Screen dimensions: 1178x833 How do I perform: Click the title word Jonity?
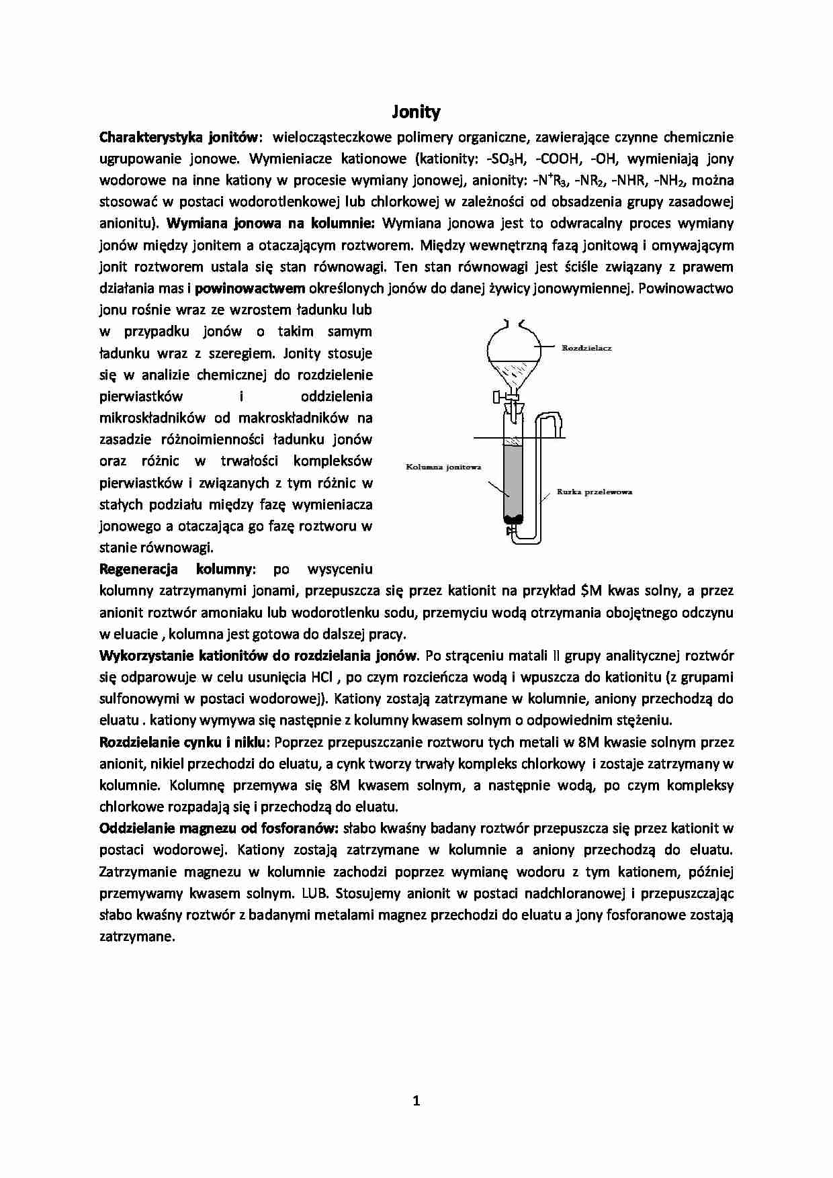416,111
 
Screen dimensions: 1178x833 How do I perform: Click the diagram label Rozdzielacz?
586,349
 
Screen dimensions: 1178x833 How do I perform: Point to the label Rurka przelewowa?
595,492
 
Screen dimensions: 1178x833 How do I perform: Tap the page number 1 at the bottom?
416,1100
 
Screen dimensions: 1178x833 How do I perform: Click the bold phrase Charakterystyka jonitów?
178,138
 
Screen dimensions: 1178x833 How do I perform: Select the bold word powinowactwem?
250,289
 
